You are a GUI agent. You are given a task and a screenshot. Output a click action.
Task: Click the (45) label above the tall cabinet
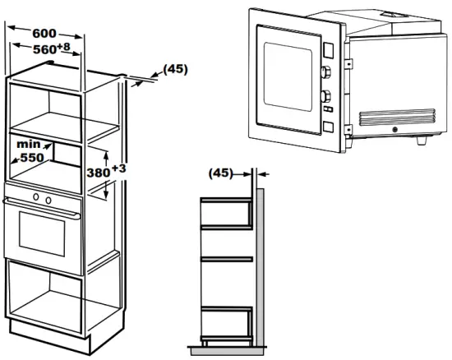click(173, 69)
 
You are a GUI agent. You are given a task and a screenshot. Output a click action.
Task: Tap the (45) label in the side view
click(220, 173)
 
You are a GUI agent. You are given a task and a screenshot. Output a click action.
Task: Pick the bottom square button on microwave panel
click(328, 127)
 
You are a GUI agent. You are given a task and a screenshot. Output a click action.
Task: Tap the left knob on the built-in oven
click(35, 199)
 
